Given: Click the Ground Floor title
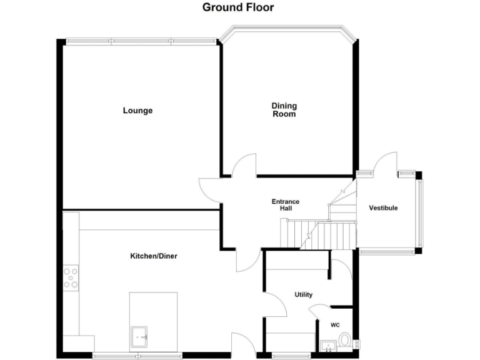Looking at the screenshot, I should click(x=237, y=7).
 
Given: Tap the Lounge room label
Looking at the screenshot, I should click(x=137, y=111).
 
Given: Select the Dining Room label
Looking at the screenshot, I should click(x=284, y=110).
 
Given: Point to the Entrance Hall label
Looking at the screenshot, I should click(x=285, y=205).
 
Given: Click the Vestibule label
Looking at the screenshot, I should click(x=383, y=208).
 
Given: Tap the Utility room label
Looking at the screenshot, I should click(x=304, y=294).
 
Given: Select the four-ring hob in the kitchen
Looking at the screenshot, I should click(x=71, y=277).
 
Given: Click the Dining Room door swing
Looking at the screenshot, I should click(x=243, y=166).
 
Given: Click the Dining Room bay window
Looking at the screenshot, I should click(x=287, y=30).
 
